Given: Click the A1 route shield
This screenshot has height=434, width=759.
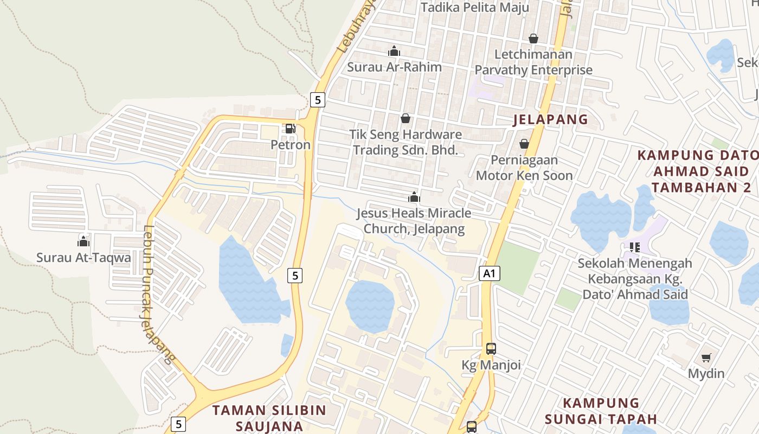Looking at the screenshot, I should coord(490,273).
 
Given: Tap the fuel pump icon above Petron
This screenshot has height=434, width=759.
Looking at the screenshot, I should coord(290,129).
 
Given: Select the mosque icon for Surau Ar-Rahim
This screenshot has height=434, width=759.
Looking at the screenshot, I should coord(394,51).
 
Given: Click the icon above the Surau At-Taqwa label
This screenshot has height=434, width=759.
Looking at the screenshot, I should coord(83,241).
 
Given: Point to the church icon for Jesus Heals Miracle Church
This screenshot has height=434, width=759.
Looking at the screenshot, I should coord(414,197).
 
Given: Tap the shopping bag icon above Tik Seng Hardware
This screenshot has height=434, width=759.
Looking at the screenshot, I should coord(406,118).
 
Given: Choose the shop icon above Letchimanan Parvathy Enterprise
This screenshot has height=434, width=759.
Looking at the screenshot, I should coord(533,39).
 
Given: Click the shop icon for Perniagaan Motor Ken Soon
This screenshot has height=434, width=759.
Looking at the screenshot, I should coord(524,144).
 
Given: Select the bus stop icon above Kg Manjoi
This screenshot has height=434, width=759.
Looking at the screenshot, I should coord(491,349).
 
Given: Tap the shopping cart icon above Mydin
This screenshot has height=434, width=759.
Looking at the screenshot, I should coord(706,358).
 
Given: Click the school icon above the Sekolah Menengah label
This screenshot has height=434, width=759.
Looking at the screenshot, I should coord(635,247).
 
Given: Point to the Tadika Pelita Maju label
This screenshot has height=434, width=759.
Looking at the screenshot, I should coord(475,8).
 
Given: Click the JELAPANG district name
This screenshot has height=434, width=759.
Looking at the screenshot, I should coord(550,119).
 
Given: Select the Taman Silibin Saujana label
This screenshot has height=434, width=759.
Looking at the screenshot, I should coord(269,418).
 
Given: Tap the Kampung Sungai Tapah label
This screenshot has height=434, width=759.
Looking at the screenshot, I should coord(601,411).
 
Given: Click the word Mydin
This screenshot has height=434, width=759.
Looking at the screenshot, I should coord(706,373).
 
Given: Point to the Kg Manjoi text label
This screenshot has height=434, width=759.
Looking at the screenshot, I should coord(491,365).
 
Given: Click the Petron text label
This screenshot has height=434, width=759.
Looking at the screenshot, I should coord(291,145).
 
